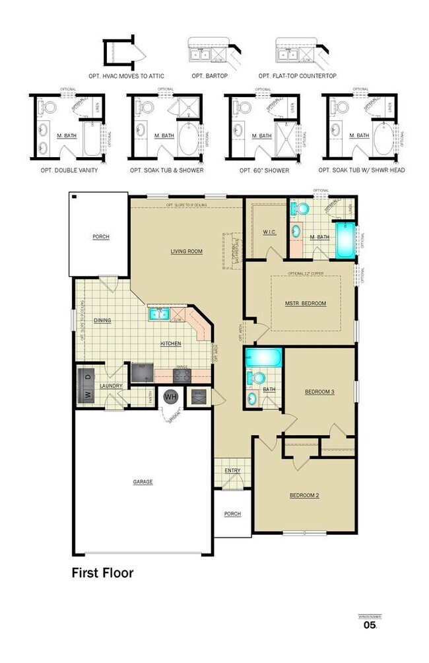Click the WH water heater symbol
(x=171, y=397)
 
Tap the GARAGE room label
(x=143, y=482)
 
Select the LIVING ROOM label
(x=186, y=251)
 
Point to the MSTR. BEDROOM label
(x=306, y=303)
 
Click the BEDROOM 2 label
(x=304, y=495)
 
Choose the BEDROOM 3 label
(x=319, y=392)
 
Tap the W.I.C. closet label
(x=268, y=232)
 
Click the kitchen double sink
(x=158, y=313)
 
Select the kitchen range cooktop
(x=183, y=375)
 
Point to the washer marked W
(x=86, y=394)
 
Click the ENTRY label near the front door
(x=232, y=471)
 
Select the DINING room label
(x=102, y=320)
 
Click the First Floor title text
(x=102, y=573)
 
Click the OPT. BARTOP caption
(x=211, y=76)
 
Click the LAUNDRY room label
(x=112, y=386)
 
